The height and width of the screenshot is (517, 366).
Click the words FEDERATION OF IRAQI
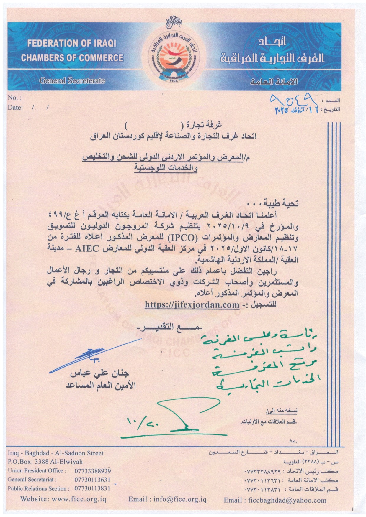coord(72,44)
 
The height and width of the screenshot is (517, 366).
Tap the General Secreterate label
coord(72,80)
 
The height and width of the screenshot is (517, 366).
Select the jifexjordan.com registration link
coord(192,305)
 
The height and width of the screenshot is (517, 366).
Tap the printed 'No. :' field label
coord(15,98)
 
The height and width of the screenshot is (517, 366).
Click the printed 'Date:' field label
coord(15,108)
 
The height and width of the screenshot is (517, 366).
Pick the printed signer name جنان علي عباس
coord(100,375)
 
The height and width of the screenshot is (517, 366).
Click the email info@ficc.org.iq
coord(167,500)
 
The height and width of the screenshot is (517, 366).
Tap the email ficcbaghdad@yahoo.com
coord(275,500)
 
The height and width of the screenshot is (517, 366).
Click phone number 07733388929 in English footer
coord(93,471)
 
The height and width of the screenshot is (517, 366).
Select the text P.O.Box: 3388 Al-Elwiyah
coord(45,462)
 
